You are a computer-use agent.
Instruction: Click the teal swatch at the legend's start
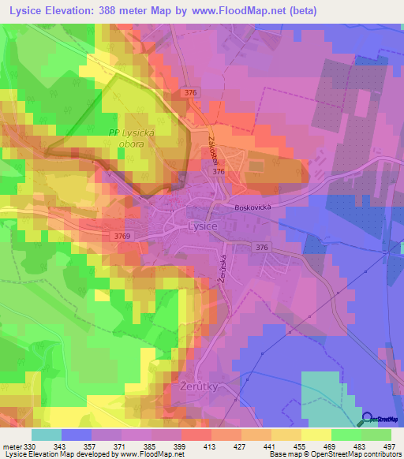(x=46, y=435)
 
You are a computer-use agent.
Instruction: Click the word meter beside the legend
(x=12, y=447)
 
